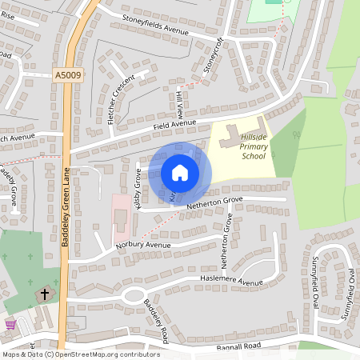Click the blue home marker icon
(x=180, y=172)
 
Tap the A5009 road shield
(x=68, y=75)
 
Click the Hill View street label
(x=180, y=103)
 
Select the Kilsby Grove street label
(x=138, y=190)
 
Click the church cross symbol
(x=45, y=294)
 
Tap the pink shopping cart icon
(x=10, y=324)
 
